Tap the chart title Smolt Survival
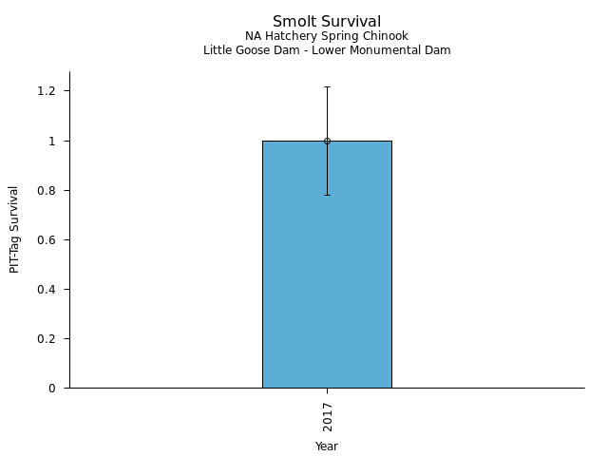point(327,21)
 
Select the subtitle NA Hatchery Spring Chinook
point(327,36)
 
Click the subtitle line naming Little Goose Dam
point(327,50)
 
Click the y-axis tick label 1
point(53,141)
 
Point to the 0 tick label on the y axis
point(53,388)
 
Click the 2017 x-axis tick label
point(327,416)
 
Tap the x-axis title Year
point(327,446)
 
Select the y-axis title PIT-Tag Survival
point(14,229)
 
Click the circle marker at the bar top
point(327,141)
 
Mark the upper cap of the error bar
point(327,86)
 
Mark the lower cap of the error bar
point(327,195)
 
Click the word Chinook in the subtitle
point(386,36)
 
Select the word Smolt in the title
point(290,21)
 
